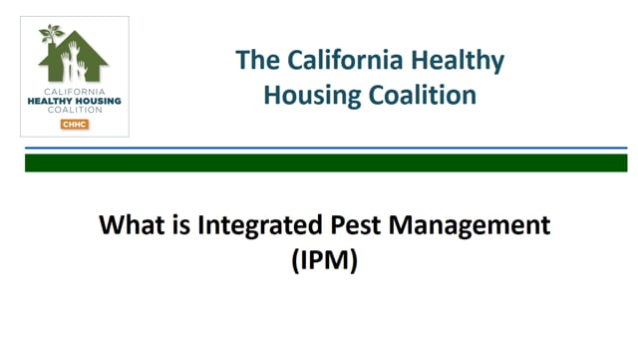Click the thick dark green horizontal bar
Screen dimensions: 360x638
tap(326, 162)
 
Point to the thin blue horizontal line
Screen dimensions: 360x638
tap(326, 149)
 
